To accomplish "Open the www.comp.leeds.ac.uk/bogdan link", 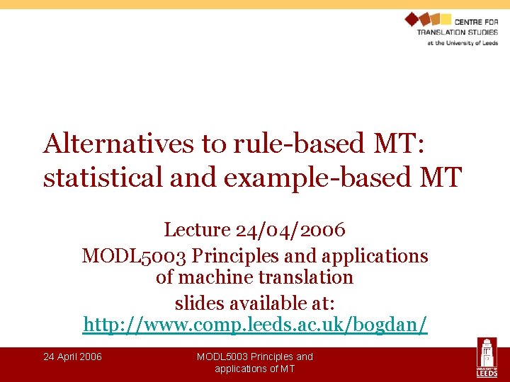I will point(255,325).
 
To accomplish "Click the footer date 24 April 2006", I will point(72,357).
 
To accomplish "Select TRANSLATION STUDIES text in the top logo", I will point(457,33).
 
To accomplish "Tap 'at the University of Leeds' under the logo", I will point(462,42).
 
